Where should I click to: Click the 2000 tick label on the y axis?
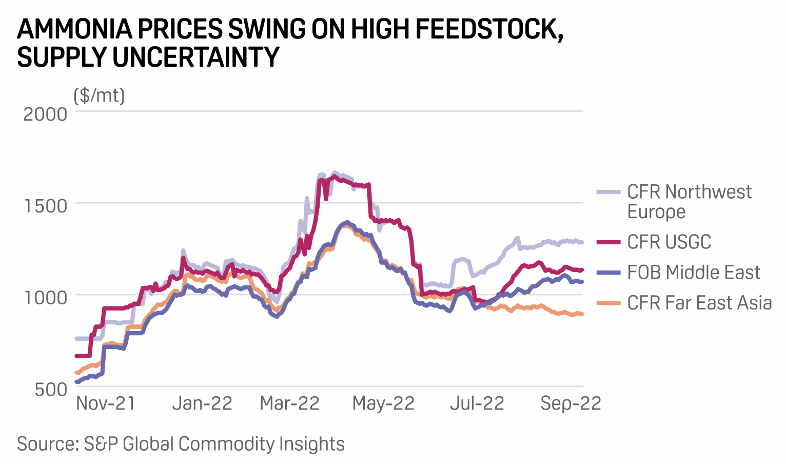[x=45, y=114]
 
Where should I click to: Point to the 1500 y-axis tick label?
[x=45, y=206]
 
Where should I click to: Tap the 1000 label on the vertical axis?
[x=45, y=298]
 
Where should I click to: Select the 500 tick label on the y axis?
[x=51, y=389]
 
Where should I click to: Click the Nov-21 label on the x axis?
[x=106, y=403]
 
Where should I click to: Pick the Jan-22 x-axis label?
[x=202, y=403]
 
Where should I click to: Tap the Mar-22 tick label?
[x=290, y=403]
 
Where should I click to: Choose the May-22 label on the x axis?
[x=383, y=403]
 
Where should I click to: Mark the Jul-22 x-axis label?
[x=477, y=403]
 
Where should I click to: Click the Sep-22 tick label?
[x=571, y=403]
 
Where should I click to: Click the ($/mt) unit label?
[x=100, y=95]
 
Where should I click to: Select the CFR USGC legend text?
[x=669, y=242]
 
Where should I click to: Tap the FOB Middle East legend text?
[x=694, y=273]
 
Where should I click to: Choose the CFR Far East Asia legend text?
[x=699, y=303]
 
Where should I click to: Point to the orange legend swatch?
[x=609, y=303]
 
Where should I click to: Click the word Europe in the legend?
[x=656, y=212]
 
